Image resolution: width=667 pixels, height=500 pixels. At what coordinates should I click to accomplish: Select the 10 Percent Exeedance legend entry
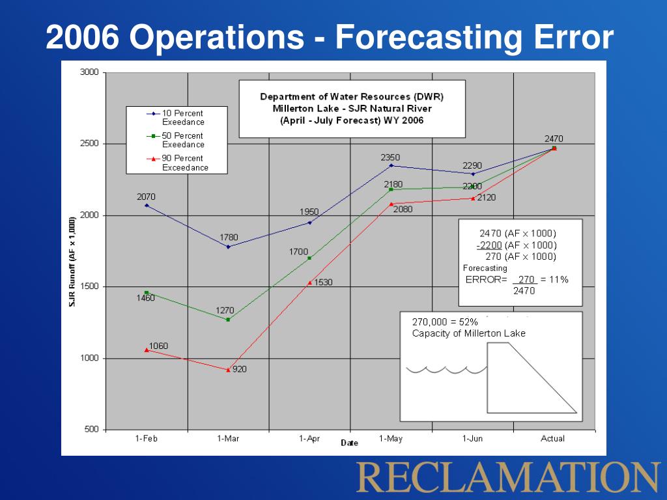click(x=182, y=117)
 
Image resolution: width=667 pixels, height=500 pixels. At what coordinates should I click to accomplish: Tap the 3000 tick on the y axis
click(x=89, y=72)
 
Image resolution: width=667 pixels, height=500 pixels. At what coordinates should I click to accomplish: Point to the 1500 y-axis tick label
click(x=89, y=286)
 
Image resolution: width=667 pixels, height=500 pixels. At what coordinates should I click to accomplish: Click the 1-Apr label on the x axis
click(x=309, y=439)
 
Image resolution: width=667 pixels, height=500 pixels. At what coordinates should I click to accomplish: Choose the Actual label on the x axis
click(x=553, y=439)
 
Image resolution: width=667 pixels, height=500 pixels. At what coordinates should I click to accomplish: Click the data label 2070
click(x=146, y=197)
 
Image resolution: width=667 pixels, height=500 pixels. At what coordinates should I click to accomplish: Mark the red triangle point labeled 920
click(x=228, y=370)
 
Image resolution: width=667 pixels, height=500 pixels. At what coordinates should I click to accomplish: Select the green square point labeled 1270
click(x=228, y=320)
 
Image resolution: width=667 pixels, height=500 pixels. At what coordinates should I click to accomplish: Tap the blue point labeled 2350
click(x=391, y=165)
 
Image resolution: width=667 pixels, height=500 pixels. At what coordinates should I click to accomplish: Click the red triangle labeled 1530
click(x=309, y=283)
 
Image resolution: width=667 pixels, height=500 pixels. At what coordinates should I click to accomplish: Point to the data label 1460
click(x=145, y=298)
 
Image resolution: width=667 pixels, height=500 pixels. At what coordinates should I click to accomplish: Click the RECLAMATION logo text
click(x=508, y=477)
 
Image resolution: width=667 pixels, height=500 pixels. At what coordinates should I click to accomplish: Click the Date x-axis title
click(x=349, y=443)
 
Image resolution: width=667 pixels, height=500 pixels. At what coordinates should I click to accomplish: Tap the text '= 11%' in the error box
click(x=554, y=280)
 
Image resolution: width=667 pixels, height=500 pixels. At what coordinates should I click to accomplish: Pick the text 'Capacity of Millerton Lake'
click(x=468, y=334)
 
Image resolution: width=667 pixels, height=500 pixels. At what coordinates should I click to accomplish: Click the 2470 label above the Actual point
click(x=554, y=139)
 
